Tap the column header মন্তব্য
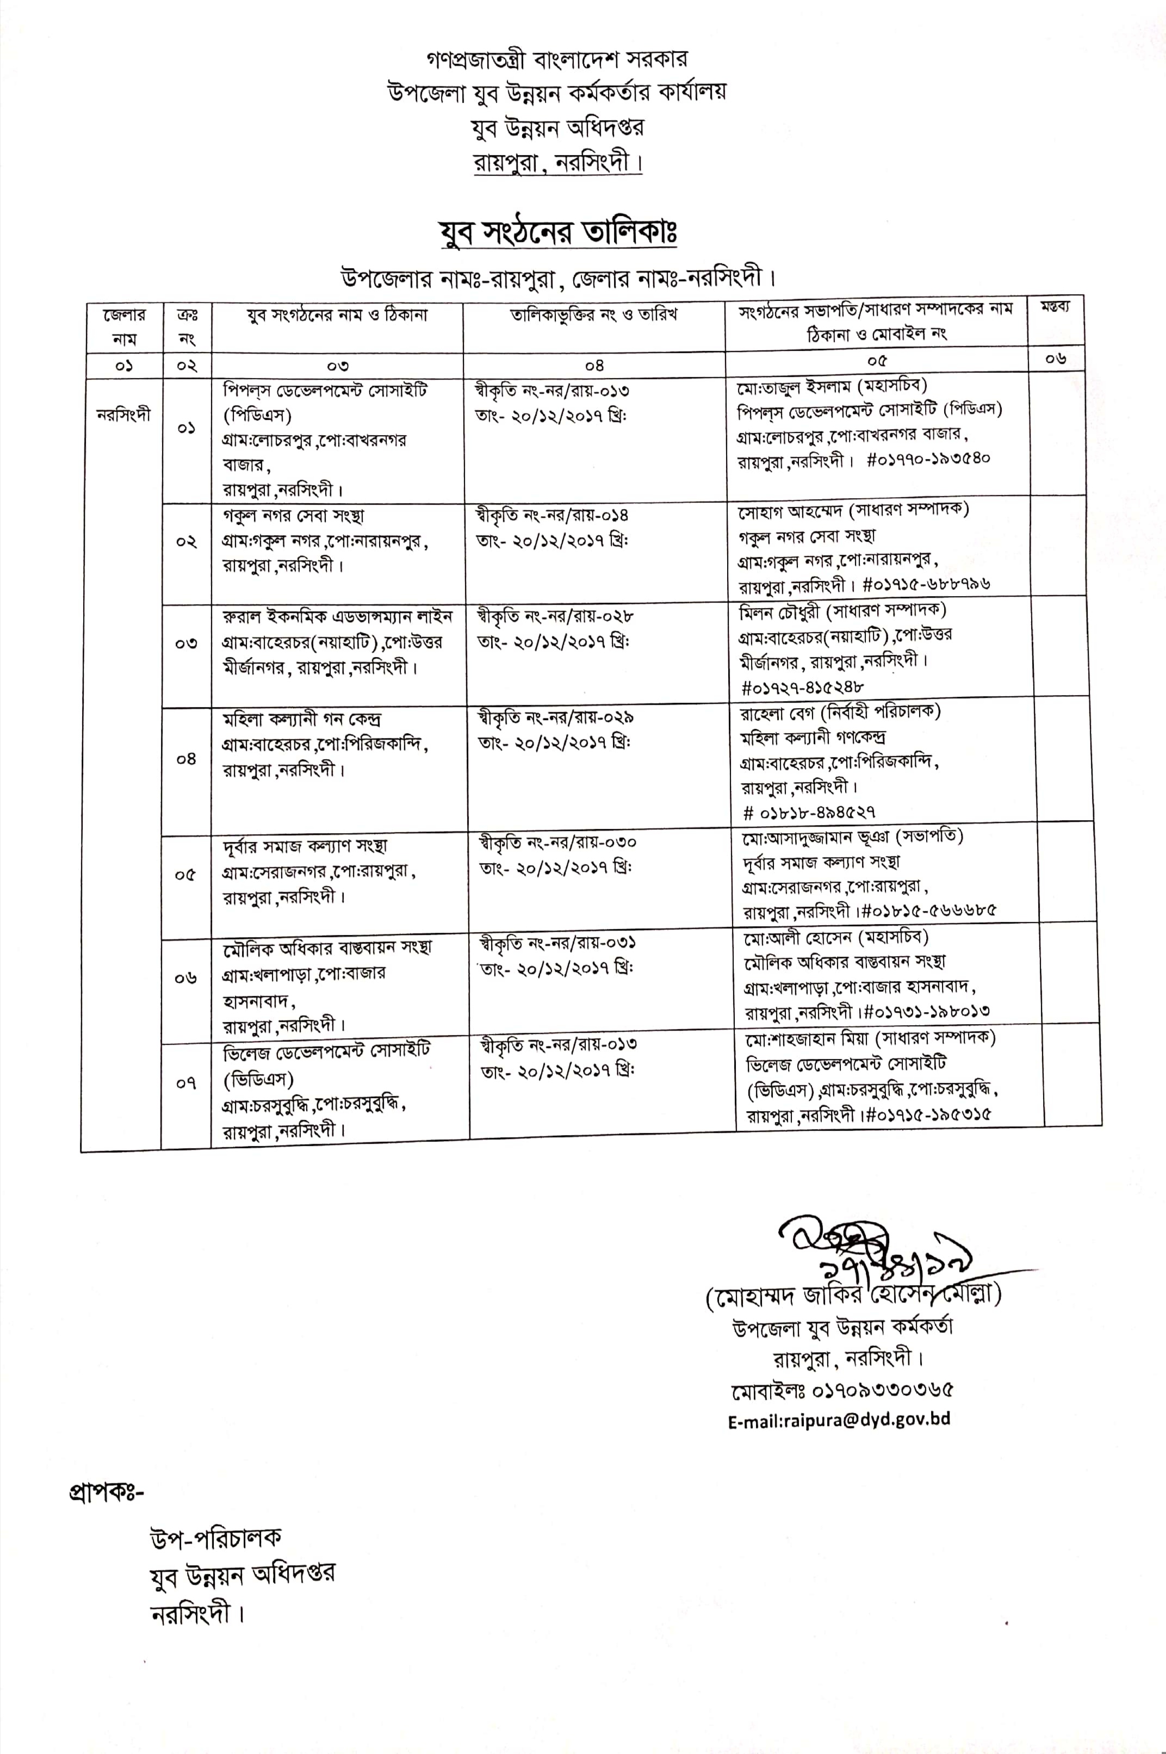point(1055,308)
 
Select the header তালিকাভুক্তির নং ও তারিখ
point(593,315)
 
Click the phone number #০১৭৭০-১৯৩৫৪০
point(928,460)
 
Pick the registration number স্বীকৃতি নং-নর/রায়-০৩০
point(558,842)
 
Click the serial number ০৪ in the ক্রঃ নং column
point(186,759)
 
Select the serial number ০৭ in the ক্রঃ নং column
point(186,1083)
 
